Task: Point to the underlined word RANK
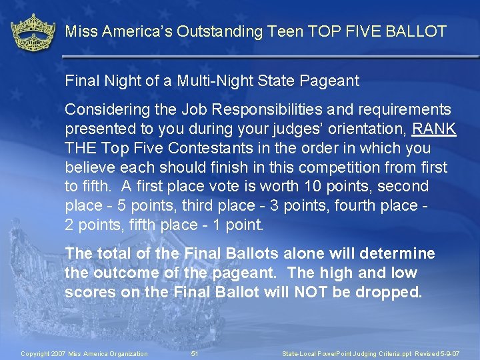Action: (435, 129)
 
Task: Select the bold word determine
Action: (400, 253)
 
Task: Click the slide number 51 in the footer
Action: (195, 353)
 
